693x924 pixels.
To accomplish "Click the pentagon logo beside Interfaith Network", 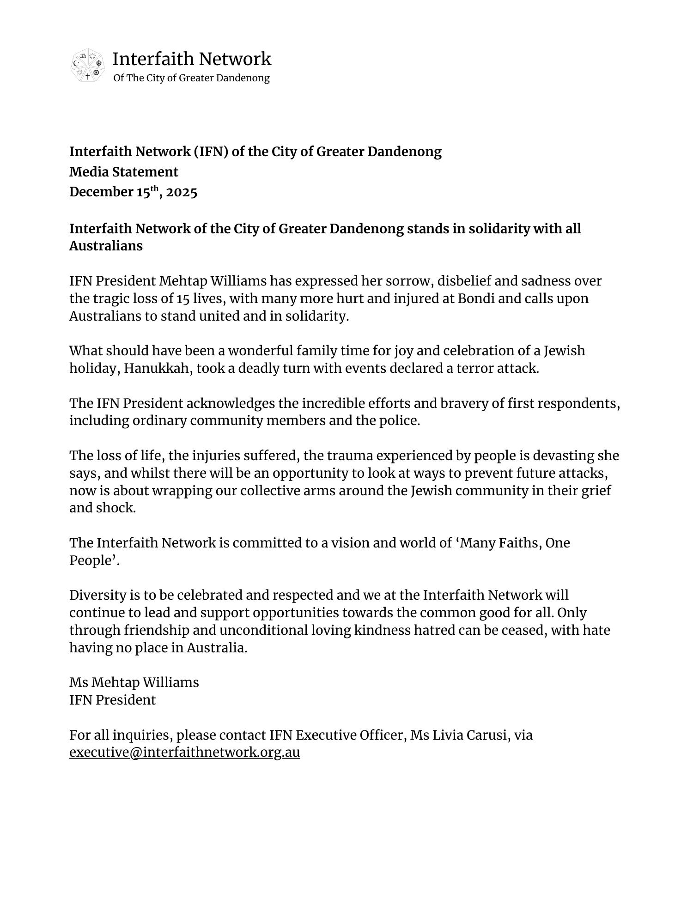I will coord(87,66).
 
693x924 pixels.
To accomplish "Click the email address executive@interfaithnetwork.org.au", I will coord(184,752).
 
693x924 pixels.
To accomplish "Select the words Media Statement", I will coord(123,172).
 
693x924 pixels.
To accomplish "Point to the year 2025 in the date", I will coord(182,192).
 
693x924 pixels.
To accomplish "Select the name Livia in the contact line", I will coord(447,735).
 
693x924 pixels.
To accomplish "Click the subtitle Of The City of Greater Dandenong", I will coord(191,78).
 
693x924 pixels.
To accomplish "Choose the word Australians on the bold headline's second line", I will coord(106,246).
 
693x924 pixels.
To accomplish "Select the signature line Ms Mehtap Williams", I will coord(134,682).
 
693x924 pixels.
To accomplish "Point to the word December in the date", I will coord(101,192).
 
